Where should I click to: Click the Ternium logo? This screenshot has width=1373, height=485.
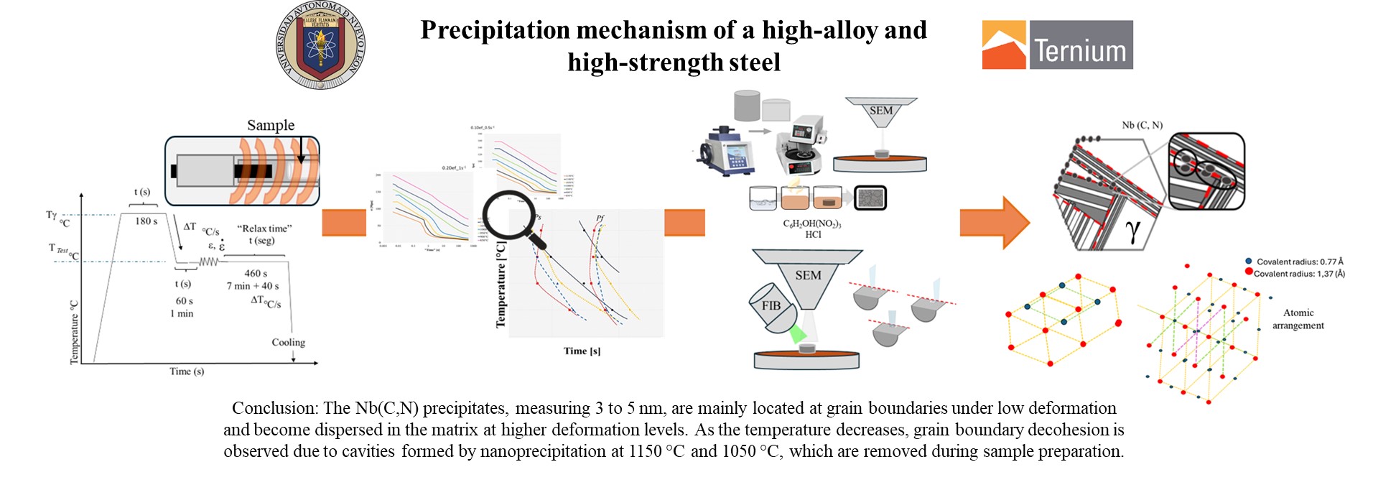pos(1057,45)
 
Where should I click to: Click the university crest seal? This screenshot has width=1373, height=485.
pos(320,45)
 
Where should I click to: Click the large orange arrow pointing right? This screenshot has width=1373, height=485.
pos(995,223)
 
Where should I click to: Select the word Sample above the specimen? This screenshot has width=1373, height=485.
pos(271,125)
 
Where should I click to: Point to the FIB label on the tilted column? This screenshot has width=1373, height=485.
pos(771,306)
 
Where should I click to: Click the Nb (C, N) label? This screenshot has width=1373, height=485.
pos(1142,125)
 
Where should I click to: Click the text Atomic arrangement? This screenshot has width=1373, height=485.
pos(1298,319)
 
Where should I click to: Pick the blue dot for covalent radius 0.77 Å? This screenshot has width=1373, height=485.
pos(1249,262)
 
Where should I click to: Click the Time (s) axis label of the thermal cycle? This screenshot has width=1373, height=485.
pos(187,371)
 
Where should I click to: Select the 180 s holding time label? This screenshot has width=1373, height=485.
pos(146,221)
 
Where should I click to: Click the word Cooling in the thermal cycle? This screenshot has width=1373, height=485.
pos(288,343)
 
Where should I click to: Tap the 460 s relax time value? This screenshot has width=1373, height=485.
pos(256,274)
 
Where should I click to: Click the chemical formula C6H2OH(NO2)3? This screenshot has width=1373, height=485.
pos(812,223)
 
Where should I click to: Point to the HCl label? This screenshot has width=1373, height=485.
pos(813,235)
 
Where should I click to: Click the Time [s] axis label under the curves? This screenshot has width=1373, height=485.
pos(582,351)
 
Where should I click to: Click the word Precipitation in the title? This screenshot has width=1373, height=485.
pos(495,30)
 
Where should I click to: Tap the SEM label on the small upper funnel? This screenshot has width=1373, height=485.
pos(881,111)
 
